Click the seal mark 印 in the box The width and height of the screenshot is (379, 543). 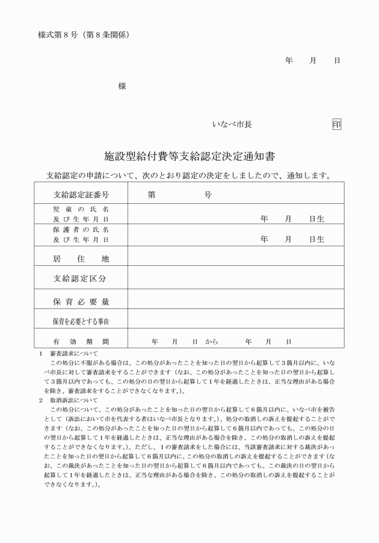point(336,124)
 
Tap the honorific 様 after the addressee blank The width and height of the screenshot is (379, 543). point(122,86)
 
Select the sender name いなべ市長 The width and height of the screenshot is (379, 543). point(232,124)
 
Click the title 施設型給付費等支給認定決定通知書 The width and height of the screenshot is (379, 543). point(189,157)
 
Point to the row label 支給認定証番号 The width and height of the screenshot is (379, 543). point(81,195)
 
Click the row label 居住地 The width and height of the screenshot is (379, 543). point(81,259)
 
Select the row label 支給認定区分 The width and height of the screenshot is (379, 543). point(81,278)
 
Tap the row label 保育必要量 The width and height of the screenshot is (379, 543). point(81,301)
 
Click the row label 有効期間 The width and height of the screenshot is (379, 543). point(81,341)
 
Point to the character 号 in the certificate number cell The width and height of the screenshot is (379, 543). point(208,195)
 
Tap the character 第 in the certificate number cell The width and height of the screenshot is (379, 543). point(152,195)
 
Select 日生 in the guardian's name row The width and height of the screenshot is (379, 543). point(316,239)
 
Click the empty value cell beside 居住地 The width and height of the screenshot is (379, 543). point(235,259)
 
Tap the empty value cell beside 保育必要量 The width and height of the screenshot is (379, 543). point(235,301)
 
